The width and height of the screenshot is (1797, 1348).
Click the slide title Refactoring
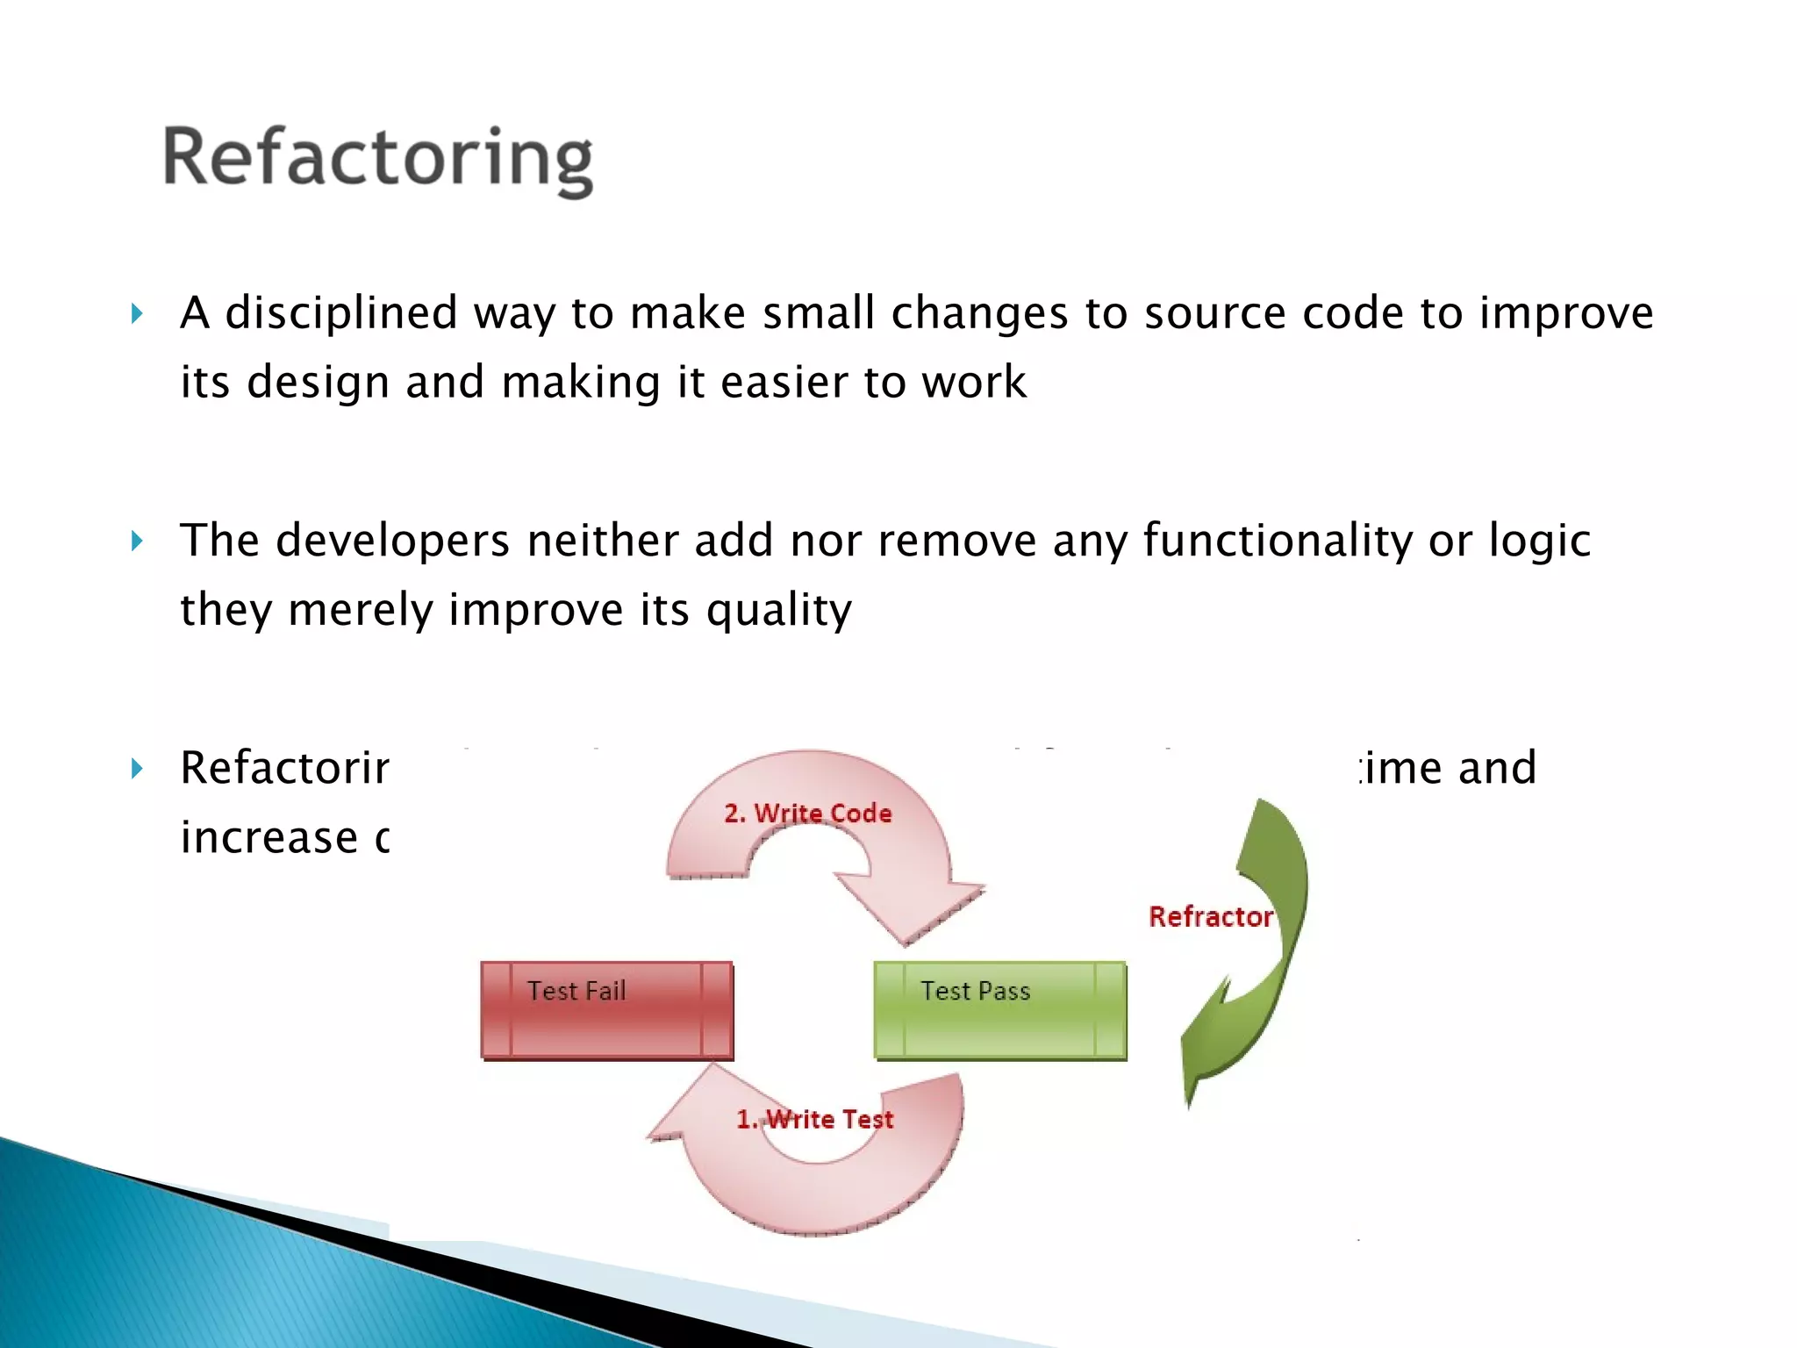(377, 158)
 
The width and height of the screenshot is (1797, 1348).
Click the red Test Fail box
(606, 1010)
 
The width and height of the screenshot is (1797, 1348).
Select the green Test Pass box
(1000, 1010)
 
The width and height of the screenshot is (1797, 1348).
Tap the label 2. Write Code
(807, 814)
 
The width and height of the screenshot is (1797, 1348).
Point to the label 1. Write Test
(814, 1119)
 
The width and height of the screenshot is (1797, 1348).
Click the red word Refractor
(1210, 917)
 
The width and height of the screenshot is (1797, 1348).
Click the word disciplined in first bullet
(341, 313)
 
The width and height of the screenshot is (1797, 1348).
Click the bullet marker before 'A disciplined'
(137, 313)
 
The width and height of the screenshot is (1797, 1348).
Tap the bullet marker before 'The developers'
(137, 541)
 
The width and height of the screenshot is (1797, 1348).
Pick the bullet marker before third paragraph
(137, 769)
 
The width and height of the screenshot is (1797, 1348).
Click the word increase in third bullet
(268, 837)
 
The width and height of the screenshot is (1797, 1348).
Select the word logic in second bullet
(1540, 541)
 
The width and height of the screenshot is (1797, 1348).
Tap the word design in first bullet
(318, 383)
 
